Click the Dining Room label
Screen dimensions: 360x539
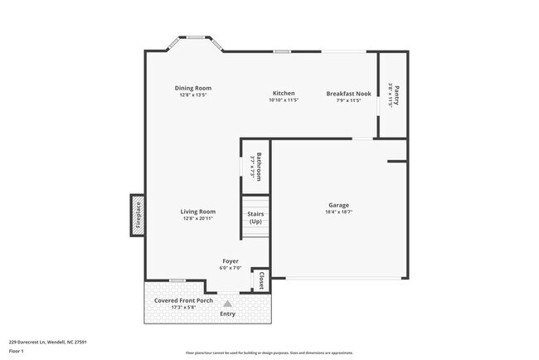(x=193, y=88)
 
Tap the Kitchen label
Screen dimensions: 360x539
(x=284, y=93)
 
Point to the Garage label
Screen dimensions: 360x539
(x=338, y=205)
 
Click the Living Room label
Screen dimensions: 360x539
(x=198, y=212)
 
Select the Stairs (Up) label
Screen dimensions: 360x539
(x=255, y=217)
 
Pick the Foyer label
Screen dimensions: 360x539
(x=231, y=260)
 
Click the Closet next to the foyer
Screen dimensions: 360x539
(x=261, y=280)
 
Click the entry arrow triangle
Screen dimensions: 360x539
(x=228, y=304)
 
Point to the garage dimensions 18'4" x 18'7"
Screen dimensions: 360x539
(x=338, y=212)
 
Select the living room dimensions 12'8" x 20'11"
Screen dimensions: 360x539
(x=198, y=218)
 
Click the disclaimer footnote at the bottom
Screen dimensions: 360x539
(x=269, y=352)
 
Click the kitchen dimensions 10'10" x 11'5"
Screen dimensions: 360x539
(x=284, y=100)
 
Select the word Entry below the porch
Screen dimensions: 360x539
(x=227, y=314)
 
